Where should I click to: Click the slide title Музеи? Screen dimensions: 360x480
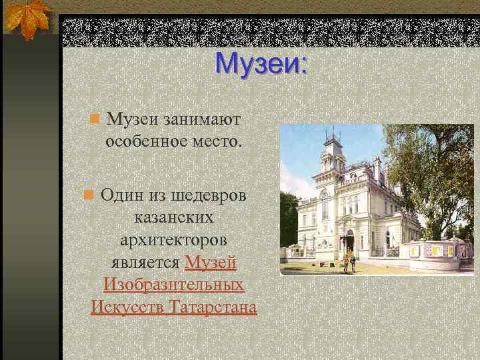click(x=261, y=65)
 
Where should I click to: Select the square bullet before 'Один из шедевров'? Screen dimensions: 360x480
click(x=87, y=195)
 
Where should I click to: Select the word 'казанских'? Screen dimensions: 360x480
click(x=174, y=218)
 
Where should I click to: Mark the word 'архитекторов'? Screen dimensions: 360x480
click(x=174, y=240)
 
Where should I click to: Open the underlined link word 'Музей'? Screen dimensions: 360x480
click(x=211, y=263)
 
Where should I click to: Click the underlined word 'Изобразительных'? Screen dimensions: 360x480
click(x=174, y=285)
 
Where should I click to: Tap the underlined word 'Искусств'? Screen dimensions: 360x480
click(x=127, y=308)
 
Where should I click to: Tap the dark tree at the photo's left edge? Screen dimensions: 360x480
click(x=288, y=220)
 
